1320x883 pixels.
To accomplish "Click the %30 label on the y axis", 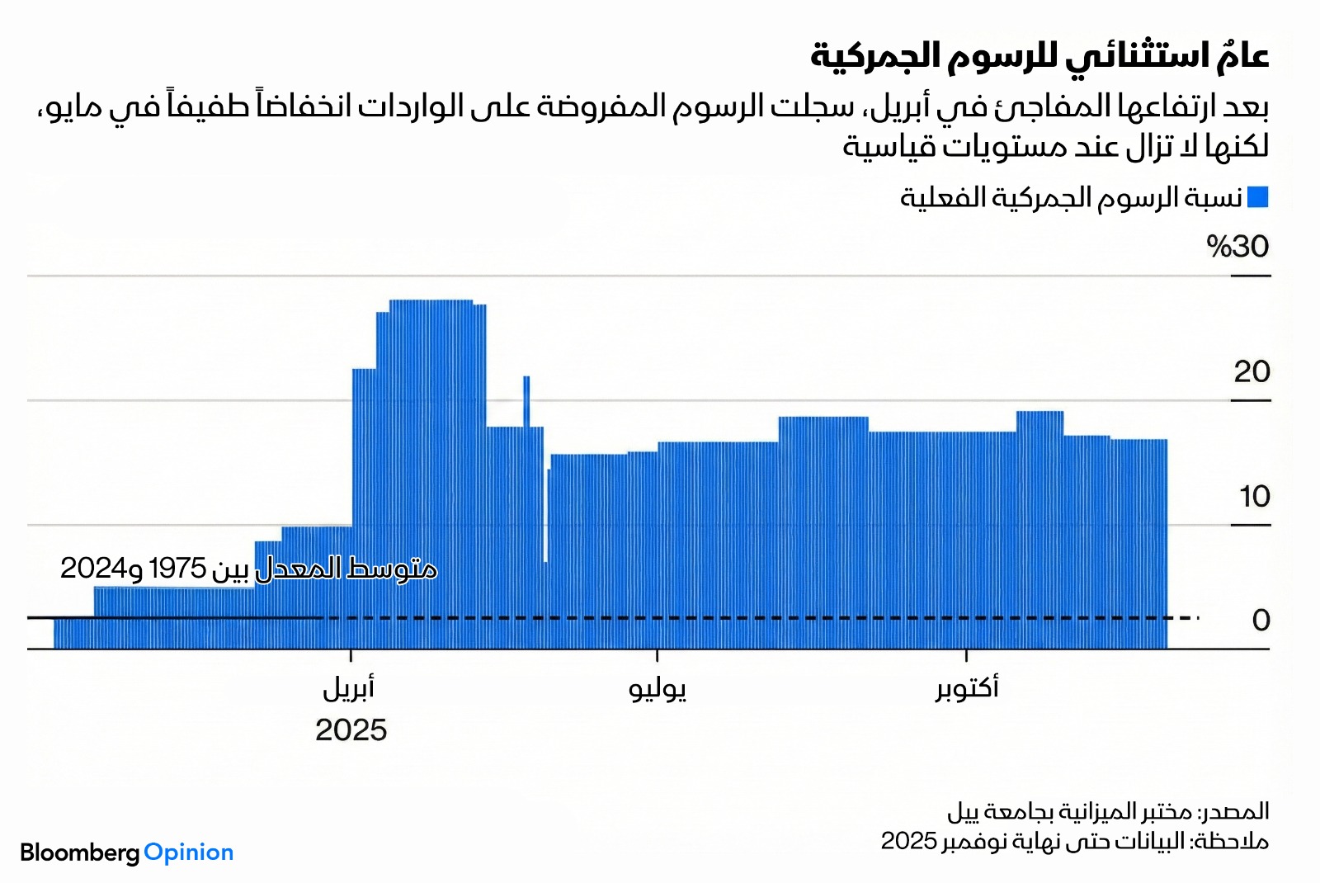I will tap(1237, 247).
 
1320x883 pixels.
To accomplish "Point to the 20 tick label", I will tap(1252, 372).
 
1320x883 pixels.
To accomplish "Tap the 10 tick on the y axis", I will tap(1254, 497).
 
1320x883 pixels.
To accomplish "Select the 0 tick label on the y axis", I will tap(1261, 621).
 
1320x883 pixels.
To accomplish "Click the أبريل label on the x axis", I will tap(349, 688).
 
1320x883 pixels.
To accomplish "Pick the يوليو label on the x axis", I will tap(658, 688).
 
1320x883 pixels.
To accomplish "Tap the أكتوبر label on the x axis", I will tap(967, 687).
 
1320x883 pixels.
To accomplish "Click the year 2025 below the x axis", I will tap(351, 730).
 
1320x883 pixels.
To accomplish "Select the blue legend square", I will tap(1258, 197).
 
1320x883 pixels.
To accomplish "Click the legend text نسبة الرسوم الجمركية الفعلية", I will tap(1071, 198).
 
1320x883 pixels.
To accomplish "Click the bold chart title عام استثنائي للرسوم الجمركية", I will tap(1039, 56).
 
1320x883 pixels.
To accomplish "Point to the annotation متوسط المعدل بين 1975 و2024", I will tap(248, 569).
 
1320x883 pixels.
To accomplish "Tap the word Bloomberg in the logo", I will tap(80, 852).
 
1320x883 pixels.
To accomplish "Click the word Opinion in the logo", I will tap(189, 852).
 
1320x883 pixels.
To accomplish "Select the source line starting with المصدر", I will tap(1108, 812).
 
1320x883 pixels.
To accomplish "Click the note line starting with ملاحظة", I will tap(1074, 842).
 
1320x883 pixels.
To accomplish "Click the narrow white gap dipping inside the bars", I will tap(545, 520).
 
